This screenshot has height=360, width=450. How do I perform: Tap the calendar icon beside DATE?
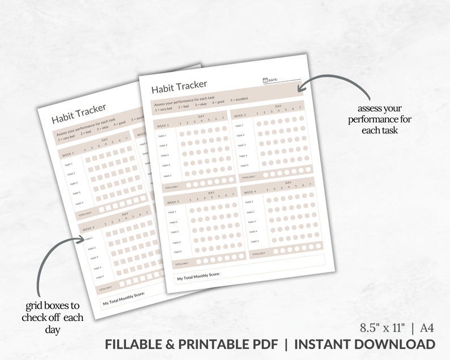tap(265, 81)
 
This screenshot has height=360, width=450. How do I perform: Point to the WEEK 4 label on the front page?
tap(250, 192)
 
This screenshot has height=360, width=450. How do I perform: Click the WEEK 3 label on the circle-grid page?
tap(172, 202)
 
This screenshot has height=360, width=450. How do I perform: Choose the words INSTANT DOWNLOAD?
tap(365, 344)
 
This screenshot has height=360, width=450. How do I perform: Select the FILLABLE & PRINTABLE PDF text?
tap(194, 344)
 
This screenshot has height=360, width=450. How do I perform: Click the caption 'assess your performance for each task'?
tap(380, 119)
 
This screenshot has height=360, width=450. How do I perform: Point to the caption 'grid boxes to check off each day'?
tap(53, 317)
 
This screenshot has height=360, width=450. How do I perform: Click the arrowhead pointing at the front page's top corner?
tap(300, 87)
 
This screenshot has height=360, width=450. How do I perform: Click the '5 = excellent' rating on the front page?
tap(242, 100)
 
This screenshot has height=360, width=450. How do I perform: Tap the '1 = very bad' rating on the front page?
tap(164, 109)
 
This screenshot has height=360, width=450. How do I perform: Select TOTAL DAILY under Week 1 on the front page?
tap(171, 187)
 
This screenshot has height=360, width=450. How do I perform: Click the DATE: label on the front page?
tap(274, 81)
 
